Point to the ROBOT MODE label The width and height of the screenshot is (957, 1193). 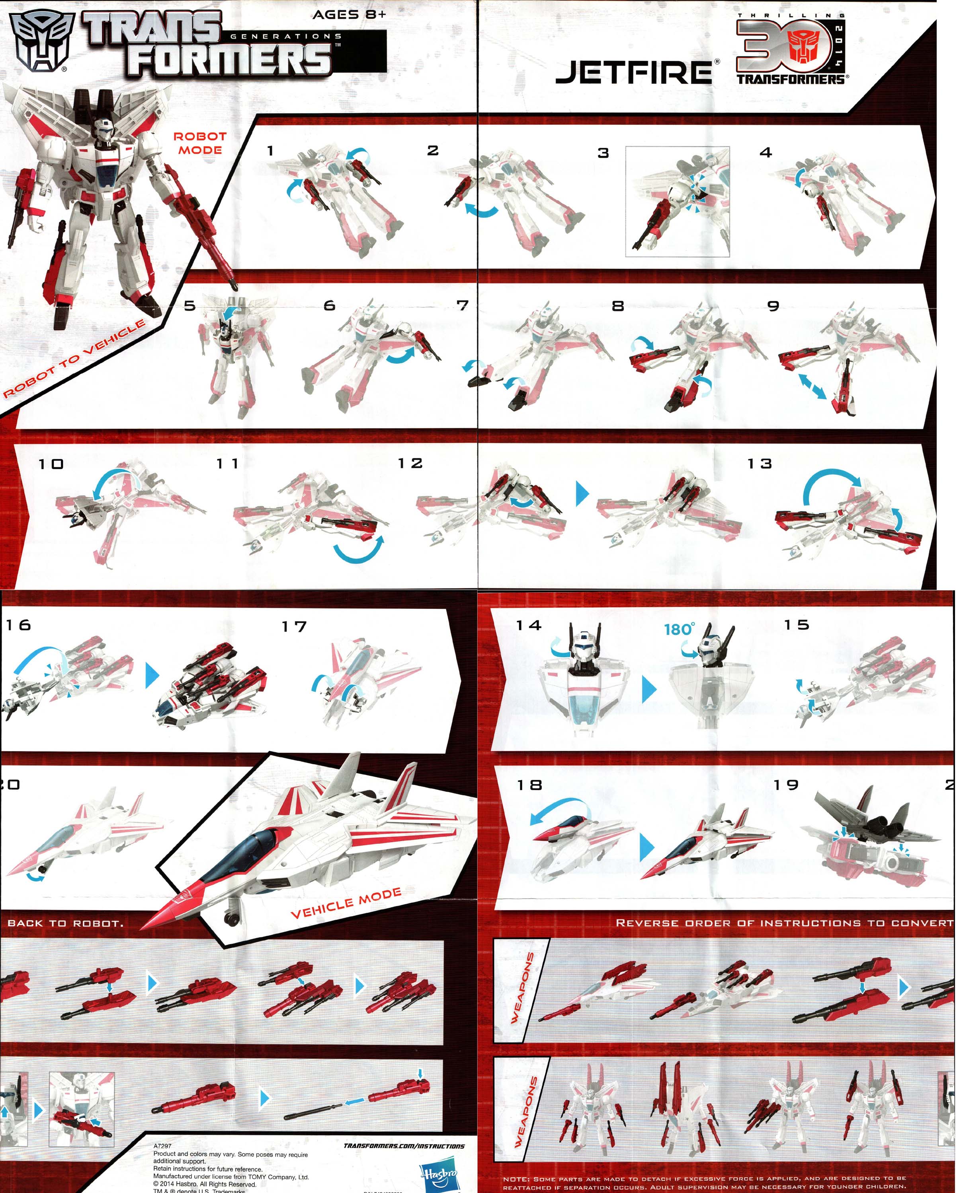[x=200, y=143]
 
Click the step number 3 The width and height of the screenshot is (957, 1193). [x=603, y=153]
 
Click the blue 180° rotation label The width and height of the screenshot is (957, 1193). [x=679, y=629]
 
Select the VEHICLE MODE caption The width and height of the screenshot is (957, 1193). [x=346, y=903]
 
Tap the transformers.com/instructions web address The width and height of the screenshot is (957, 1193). [x=403, y=1145]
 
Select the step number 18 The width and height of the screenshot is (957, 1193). [x=529, y=785]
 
